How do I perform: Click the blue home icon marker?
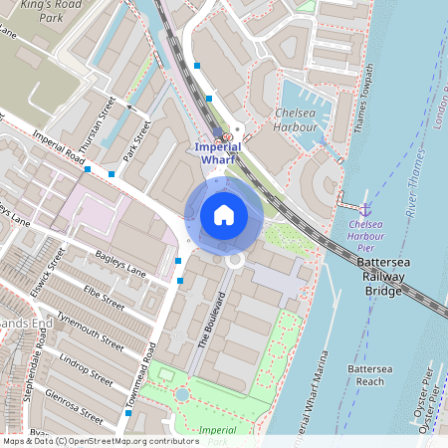223,215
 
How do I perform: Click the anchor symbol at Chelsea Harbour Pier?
364,209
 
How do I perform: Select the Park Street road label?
134,144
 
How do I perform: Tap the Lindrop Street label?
88,366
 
